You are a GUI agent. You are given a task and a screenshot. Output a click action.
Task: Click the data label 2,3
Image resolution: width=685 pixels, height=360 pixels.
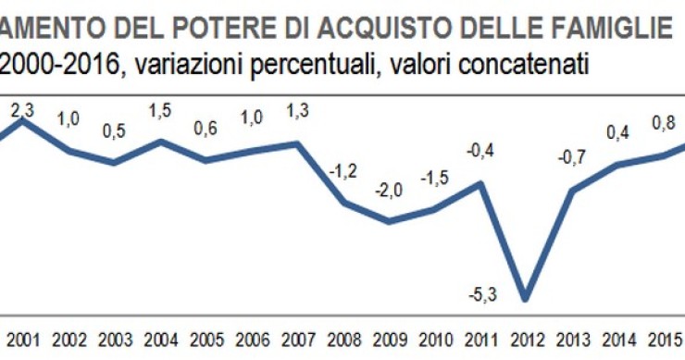pyautogui.click(x=22, y=110)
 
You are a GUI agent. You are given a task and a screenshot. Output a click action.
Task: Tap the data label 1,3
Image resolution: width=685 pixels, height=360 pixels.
pyautogui.click(x=298, y=112)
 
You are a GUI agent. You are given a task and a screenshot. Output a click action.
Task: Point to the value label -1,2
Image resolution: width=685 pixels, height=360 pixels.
pyautogui.click(x=343, y=172)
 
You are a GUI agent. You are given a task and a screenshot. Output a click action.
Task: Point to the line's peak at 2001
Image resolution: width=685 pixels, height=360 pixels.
pyautogui.click(x=23, y=120)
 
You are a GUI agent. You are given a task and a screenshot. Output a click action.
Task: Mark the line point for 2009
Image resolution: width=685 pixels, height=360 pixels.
pyautogui.click(x=389, y=221)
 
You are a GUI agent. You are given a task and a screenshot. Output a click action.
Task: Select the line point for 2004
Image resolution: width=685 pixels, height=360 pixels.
pyautogui.click(x=161, y=141)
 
